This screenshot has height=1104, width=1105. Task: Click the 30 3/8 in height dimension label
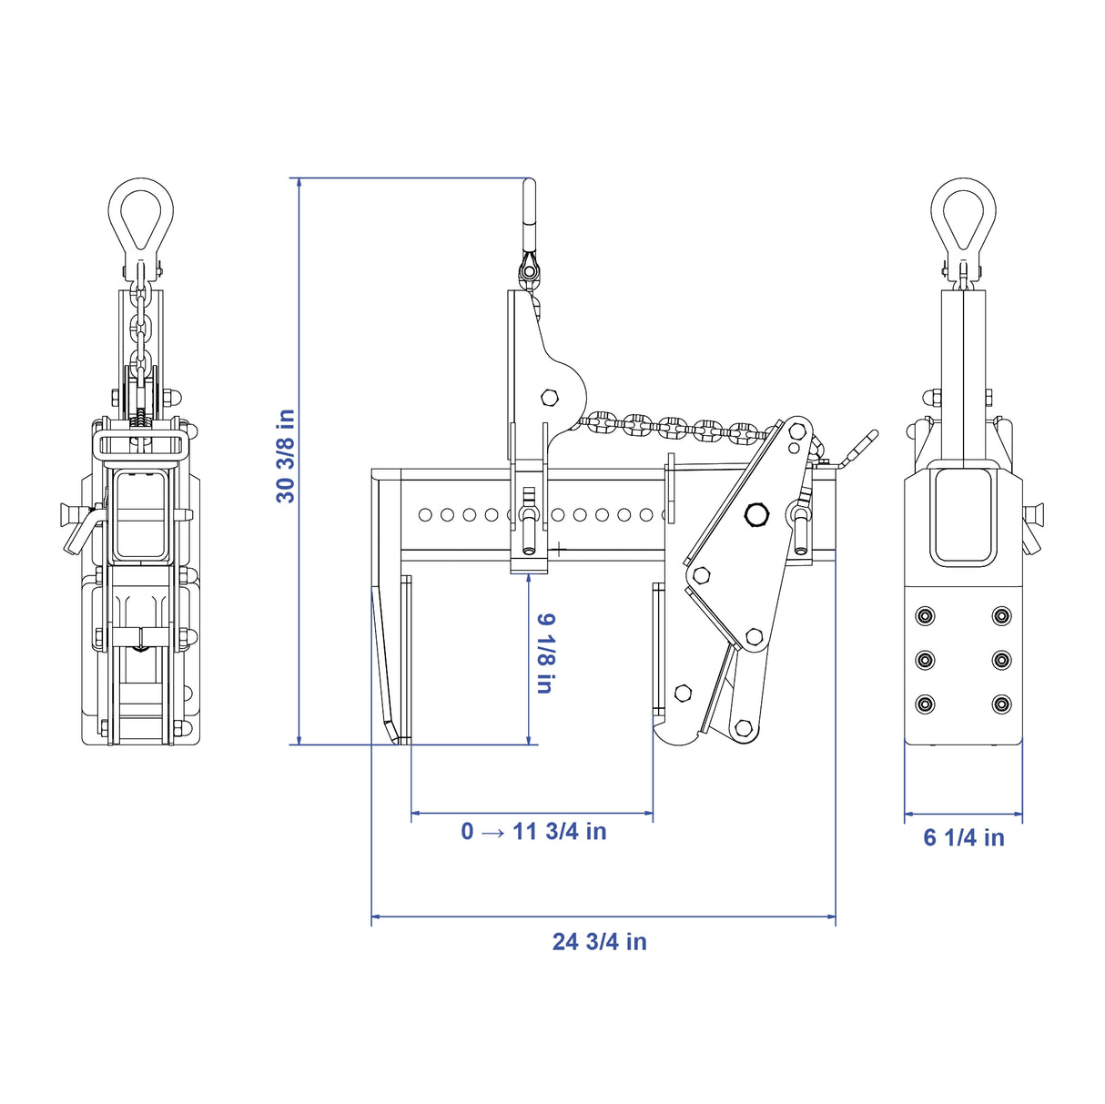285,456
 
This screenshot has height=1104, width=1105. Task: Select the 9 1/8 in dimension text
546,653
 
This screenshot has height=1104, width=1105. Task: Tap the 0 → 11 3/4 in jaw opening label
533,831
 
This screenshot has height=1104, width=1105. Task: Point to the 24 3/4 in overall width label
599,942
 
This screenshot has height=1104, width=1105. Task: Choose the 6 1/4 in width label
964,837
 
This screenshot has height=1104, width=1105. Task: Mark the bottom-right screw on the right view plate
1001,704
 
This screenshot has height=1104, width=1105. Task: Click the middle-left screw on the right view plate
925,660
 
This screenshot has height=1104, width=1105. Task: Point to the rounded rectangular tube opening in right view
963,515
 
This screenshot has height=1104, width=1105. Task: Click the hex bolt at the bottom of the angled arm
744,729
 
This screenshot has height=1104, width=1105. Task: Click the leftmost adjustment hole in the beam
425,515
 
